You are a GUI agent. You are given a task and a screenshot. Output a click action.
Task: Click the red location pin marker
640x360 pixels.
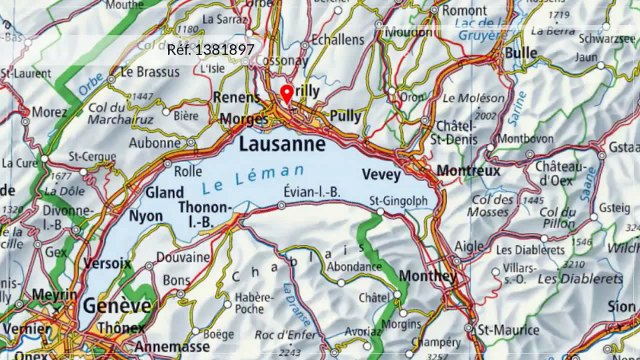tap(287, 94)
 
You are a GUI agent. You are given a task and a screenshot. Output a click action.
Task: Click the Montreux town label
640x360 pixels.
tap(469, 171)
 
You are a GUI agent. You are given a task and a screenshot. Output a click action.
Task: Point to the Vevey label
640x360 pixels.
tap(380, 174)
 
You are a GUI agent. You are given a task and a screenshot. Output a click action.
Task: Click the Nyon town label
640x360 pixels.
tap(147, 216)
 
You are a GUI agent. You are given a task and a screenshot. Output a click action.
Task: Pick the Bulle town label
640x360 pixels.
tap(522, 51)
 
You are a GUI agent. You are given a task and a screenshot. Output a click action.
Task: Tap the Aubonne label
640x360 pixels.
tap(155, 144)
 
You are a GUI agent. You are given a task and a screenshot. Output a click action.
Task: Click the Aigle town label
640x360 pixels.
tap(471, 244)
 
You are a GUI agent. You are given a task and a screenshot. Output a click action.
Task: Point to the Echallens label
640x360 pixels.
tap(338, 39)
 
